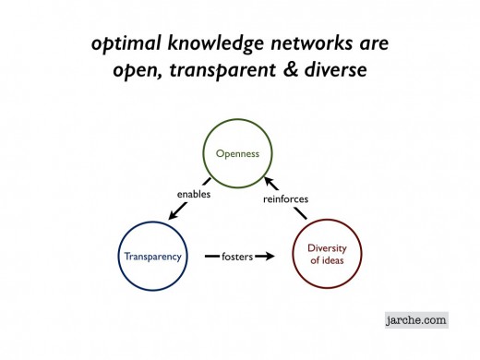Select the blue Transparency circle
point(151,257)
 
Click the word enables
point(194,194)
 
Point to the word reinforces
point(286,198)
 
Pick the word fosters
point(237,256)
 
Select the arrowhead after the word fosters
point(270,256)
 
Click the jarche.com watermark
point(416,320)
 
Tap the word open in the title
point(150,70)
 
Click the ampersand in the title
point(297,70)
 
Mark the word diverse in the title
point(339,70)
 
